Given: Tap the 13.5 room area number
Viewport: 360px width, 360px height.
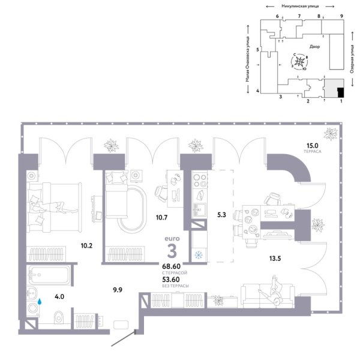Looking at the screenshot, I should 275,259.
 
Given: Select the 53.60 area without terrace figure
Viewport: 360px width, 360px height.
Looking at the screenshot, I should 170,279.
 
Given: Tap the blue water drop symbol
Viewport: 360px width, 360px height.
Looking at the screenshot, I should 40,303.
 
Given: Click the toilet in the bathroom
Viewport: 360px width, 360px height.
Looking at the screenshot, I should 57,316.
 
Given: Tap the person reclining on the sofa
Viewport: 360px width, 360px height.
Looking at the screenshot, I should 268,294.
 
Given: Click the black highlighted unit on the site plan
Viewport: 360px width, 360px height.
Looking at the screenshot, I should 340,92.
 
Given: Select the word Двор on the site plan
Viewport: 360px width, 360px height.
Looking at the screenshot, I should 316,46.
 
